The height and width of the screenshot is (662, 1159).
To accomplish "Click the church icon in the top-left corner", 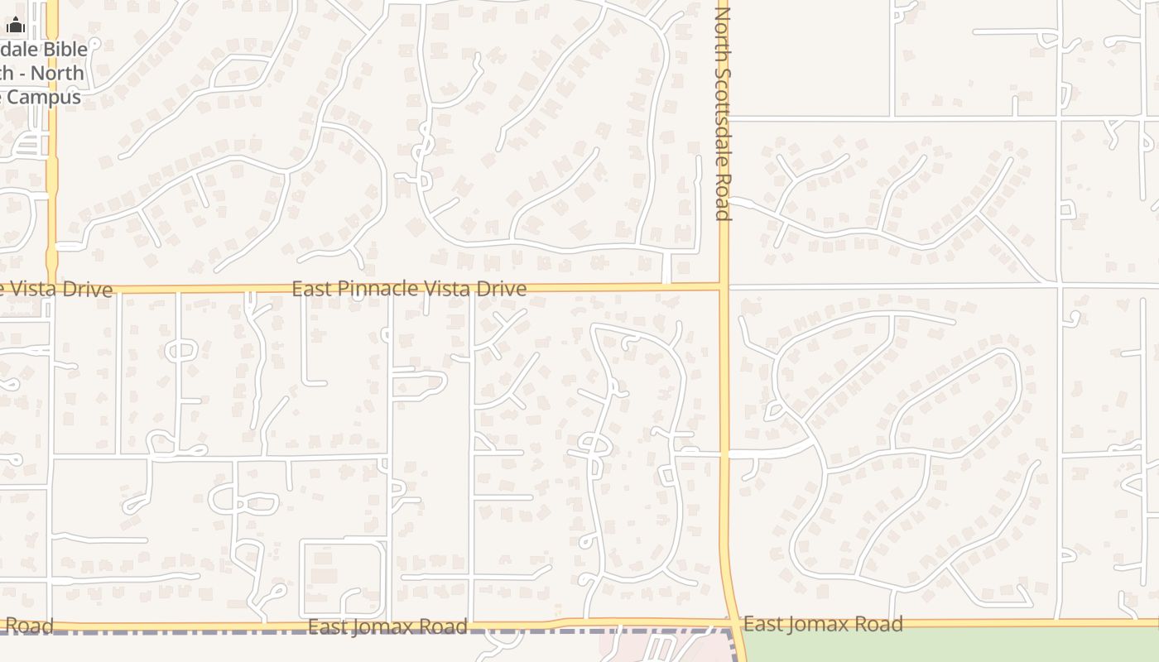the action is pyautogui.click(x=16, y=26).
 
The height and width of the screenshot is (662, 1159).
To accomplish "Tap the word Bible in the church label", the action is pyautogui.click(x=65, y=50).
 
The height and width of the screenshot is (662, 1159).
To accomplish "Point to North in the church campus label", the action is pyautogui.click(x=59, y=74).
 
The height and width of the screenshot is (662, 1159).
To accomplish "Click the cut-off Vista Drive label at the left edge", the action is pyautogui.click(x=58, y=290).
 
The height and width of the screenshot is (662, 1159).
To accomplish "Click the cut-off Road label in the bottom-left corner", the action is pyautogui.click(x=27, y=626).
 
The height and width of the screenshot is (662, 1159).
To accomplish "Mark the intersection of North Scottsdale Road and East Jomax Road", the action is pyautogui.click(x=732, y=622).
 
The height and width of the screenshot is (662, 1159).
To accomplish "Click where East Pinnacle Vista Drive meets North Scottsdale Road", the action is pyautogui.click(x=724, y=287).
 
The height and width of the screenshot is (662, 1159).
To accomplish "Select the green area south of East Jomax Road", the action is pyautogui.click(x=952, y=645).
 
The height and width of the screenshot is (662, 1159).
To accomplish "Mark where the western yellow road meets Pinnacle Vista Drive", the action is pyautogui.click(x=51, y=289).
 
